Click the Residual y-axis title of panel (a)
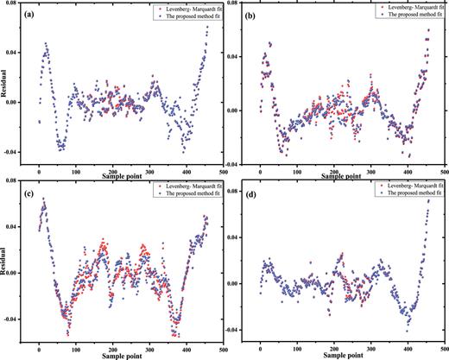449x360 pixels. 6,88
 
